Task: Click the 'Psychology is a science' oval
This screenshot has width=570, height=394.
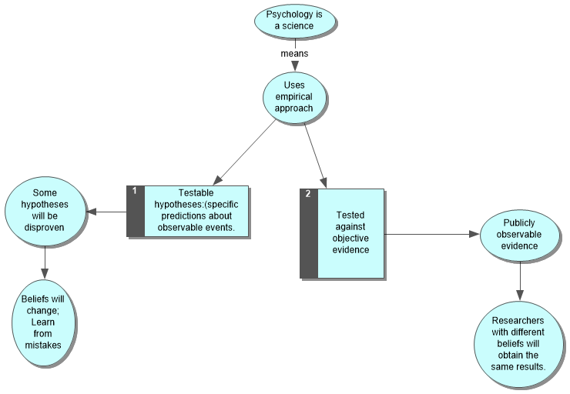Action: (295, 21)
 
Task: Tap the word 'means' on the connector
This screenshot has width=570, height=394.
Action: (295, 54)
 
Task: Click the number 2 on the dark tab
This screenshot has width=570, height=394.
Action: (308, 194)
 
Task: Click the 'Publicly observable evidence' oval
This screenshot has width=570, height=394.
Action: (521, 234)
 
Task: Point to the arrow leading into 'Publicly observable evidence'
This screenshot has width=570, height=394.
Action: (431, 234)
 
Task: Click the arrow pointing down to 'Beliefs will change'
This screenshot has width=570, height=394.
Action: (45, 264)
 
